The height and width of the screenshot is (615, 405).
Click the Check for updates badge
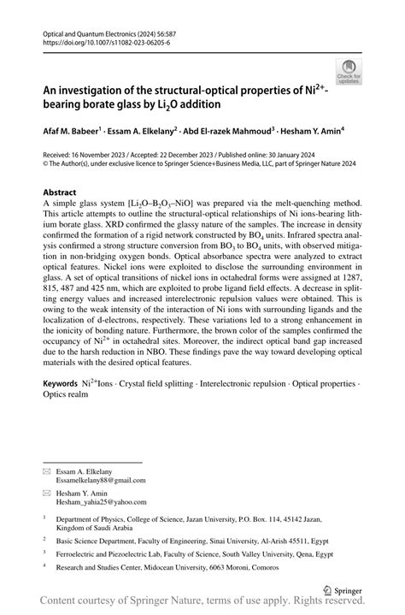pos(349,72)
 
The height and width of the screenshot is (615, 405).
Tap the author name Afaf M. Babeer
pos(72,133)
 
